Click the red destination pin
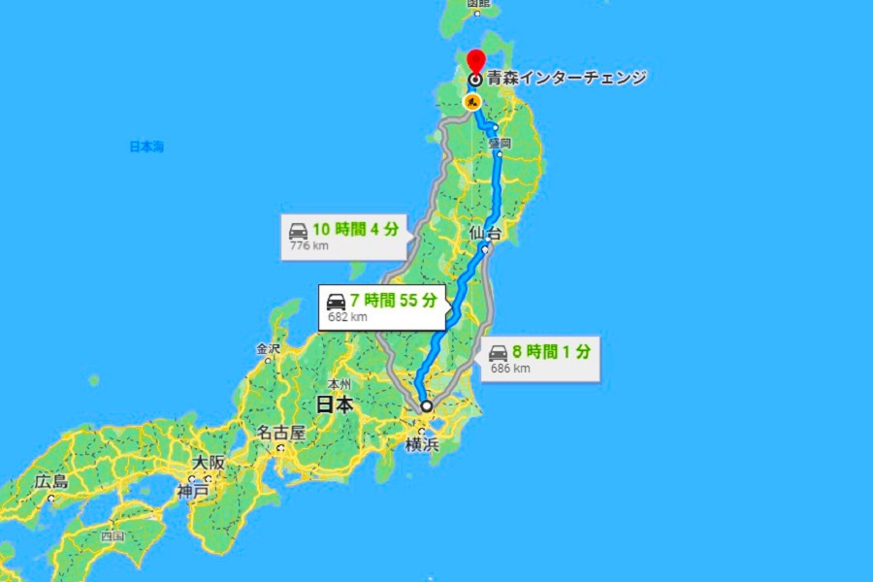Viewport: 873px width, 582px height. [475, 61]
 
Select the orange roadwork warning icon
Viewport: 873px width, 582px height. [472, 100]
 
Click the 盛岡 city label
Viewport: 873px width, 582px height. [500, 144]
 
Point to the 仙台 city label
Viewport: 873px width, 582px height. [488, 234]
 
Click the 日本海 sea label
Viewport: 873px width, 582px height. [146, 146]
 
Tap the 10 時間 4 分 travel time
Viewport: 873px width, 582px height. [355, 230]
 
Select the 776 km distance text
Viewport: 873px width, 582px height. [307, 246]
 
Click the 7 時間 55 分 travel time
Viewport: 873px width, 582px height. [396, 300]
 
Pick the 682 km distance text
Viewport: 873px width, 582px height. [347, 316]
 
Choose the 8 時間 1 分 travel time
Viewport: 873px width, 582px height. [549, 352]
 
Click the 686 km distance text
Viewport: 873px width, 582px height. [510, 369]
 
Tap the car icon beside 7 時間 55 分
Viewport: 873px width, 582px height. [337, 301]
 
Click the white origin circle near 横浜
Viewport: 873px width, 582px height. [426, 406]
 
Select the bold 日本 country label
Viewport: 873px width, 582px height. [334, 405]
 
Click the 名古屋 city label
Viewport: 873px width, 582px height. [281, 433]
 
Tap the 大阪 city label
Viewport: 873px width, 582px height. [209, 463]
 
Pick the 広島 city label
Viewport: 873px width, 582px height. [50, 481]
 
